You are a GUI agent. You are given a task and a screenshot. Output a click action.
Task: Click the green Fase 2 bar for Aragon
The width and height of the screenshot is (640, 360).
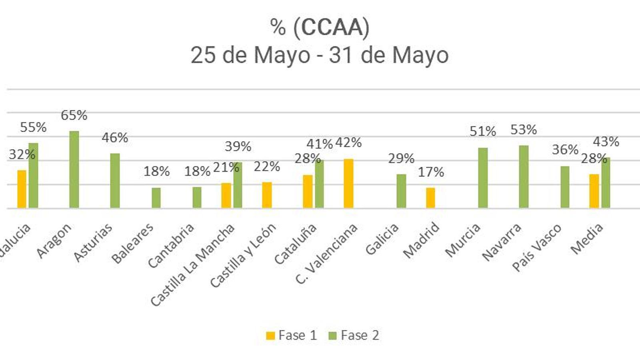(74, 170)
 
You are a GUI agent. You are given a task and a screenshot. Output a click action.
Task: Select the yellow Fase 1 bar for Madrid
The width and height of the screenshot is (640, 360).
(430, 198)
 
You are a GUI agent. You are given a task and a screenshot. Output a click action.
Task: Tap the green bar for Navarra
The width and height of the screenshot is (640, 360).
(524, 177)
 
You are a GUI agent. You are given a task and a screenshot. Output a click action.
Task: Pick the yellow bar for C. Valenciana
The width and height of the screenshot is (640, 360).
(348, 184)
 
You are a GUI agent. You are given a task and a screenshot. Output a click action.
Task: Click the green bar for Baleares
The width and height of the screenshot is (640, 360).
(156, 198)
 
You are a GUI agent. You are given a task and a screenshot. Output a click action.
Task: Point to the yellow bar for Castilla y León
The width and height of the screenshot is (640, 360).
(267, 195)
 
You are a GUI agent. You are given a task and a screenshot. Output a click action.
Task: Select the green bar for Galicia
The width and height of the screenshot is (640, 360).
(401, 191)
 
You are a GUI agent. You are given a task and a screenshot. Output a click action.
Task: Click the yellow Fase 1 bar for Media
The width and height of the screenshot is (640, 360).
(594, 191)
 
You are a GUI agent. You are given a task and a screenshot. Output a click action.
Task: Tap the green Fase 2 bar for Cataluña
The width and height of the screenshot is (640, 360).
(319, 184)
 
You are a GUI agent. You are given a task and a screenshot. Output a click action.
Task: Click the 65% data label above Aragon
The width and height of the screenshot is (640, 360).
(74, 115)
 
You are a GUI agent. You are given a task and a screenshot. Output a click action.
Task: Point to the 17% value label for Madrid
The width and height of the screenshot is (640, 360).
(431, 172)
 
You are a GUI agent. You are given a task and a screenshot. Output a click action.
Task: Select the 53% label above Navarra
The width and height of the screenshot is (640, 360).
(524, 130)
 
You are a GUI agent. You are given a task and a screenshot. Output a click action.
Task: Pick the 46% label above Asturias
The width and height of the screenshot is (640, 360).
(115, 138)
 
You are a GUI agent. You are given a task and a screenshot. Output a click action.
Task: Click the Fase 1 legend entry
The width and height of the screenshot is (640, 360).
(292, 335)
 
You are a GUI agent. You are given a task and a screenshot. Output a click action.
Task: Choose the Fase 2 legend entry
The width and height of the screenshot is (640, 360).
(354, 335)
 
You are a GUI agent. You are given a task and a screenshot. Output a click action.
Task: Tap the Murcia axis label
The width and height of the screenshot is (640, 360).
(463, 240)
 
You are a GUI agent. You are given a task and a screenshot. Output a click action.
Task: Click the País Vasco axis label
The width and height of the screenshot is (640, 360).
(537, 248)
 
